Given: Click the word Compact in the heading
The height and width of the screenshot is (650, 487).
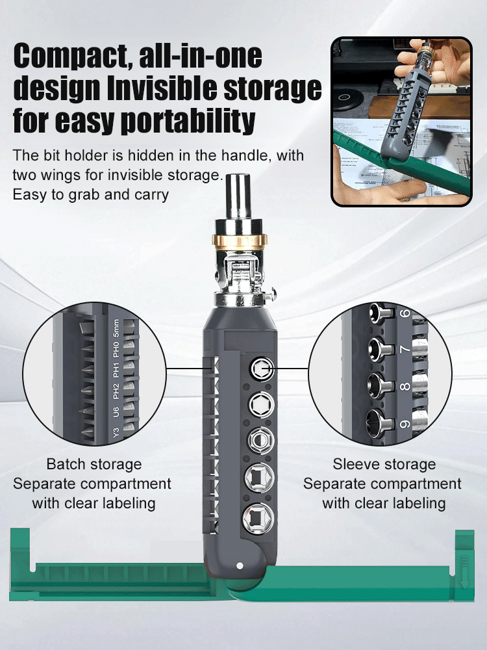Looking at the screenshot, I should [68, 57].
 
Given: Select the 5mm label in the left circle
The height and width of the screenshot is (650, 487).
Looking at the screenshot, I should [116, 328].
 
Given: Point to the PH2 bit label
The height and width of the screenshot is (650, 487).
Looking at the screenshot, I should [116, 391].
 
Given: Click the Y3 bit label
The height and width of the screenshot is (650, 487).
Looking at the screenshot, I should [115, 432].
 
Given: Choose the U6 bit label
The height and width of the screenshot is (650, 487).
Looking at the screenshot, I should [116, 411].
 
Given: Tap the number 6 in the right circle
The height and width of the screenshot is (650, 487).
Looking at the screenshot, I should [406, 314].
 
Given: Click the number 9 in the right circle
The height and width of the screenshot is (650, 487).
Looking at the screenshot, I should [405, 424].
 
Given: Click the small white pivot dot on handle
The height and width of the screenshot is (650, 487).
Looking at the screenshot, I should [240, 565].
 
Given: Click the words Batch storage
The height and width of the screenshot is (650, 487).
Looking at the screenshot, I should [94, 464].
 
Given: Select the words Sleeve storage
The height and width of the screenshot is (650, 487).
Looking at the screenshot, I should [384, 464].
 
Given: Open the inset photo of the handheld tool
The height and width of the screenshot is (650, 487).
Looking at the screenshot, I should [401, 122].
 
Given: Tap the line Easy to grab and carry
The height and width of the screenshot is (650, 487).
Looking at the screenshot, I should [91, 194].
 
